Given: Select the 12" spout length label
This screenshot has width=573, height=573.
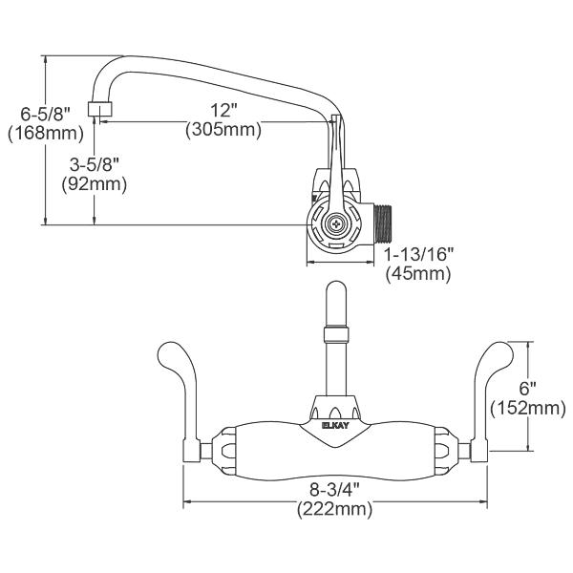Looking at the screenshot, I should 223,110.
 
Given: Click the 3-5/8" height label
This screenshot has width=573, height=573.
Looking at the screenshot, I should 94,163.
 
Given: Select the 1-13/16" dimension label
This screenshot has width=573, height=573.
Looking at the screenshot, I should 418,255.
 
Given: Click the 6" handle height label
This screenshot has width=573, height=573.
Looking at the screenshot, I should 528,389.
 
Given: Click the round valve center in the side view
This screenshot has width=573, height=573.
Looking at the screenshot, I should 335,224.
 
